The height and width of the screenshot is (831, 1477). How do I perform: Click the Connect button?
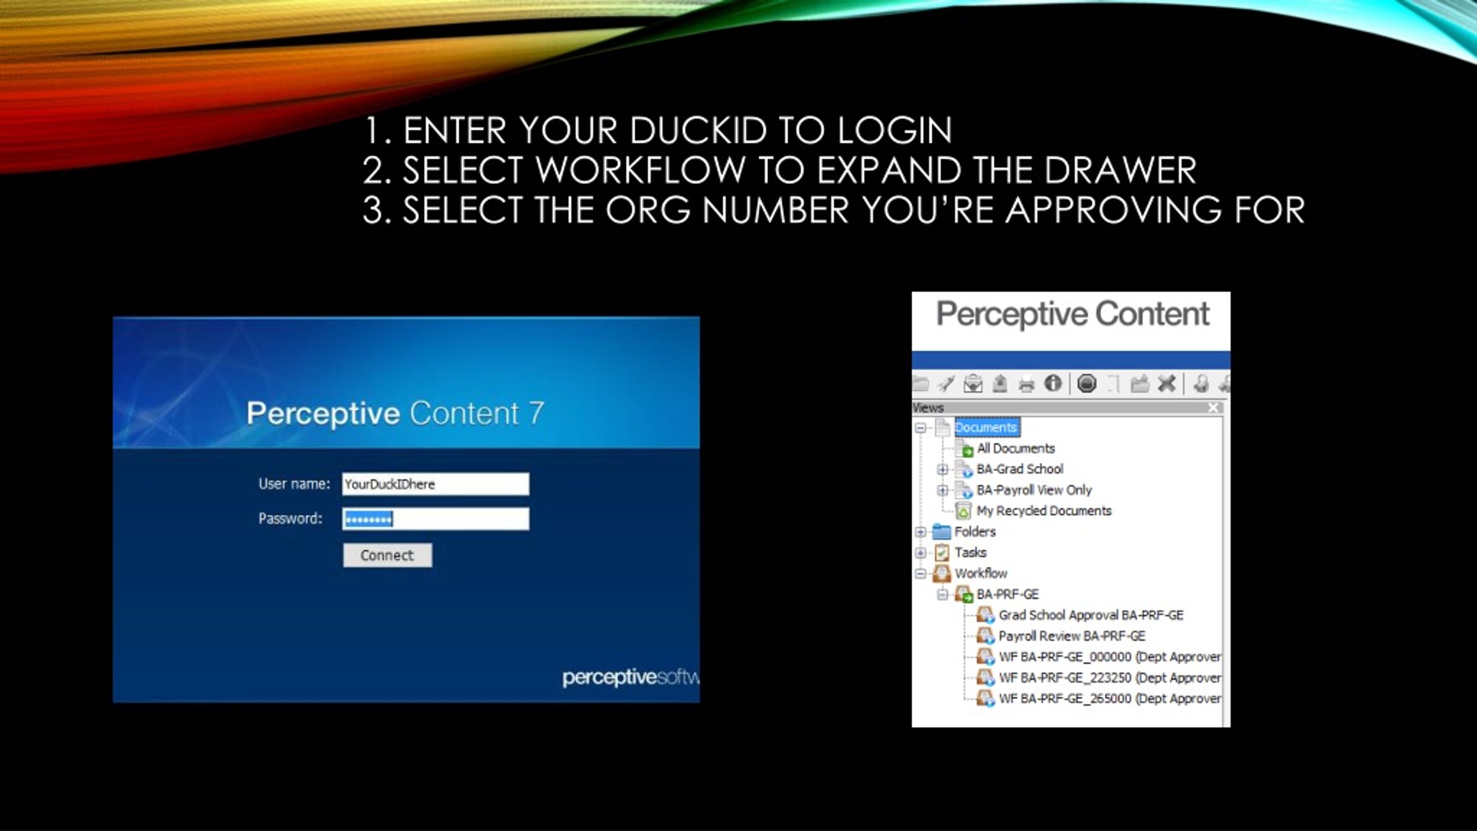pos(387,555)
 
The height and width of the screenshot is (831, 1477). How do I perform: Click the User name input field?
pos(436,484)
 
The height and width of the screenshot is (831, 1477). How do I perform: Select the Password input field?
pos(436,519)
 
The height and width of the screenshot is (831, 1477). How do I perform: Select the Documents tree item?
pos(986,428)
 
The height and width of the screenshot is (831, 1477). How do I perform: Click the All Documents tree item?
pos(1015,448)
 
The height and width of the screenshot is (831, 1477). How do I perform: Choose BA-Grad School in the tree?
pos(1019,469)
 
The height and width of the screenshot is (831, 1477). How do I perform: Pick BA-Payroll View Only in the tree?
pos(1034,490)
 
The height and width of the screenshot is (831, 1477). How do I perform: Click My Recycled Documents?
pos(1044,511)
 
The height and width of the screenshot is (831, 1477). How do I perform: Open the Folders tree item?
pos(975,531)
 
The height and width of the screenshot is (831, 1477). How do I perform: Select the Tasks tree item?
pos(970,552)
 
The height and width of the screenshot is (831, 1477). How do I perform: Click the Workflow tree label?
pos(981,573)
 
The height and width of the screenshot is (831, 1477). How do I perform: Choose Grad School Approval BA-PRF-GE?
pos(1091,615)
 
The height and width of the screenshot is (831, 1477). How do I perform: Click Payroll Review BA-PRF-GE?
pos(1072,636)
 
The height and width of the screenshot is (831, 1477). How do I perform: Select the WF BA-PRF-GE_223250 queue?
pos(1110,677)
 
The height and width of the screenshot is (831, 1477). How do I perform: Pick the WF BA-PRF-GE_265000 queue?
pos(1110,698)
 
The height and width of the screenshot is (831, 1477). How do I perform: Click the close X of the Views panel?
pos(1213,408)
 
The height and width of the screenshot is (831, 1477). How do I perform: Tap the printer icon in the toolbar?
pos(1026,384)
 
